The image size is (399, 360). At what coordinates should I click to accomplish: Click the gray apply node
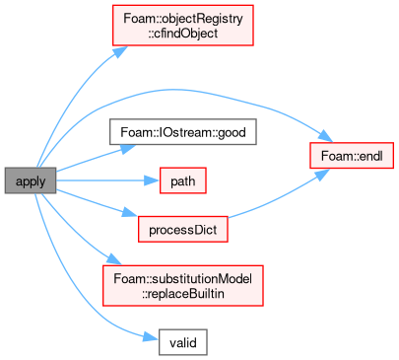31,180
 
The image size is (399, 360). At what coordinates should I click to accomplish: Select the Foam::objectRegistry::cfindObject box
183,26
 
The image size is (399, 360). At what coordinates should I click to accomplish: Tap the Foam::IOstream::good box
183,132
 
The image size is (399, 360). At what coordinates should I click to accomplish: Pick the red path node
183,180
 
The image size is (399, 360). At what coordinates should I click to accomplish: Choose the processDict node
183,229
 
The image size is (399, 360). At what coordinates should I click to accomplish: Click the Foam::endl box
352,156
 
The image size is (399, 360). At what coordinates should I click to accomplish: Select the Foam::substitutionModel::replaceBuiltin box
183,286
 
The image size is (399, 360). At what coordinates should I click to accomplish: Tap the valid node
183,342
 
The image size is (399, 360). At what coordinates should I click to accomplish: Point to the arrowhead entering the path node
153,180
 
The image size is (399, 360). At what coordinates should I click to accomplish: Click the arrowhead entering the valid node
152,338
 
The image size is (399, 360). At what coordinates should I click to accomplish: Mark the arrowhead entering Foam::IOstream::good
128,148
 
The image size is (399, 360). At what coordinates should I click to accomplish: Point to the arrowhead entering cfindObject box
120,52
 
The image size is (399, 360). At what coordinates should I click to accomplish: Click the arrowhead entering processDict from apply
130,213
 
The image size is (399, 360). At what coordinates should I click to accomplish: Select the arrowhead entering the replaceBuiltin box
113,259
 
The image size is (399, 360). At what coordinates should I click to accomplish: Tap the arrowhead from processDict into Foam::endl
322,175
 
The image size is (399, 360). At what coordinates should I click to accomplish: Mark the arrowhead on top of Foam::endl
326,136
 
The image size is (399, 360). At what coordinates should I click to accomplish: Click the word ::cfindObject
183,34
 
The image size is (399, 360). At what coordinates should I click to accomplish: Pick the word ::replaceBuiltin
183,294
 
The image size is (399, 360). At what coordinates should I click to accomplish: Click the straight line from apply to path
100,180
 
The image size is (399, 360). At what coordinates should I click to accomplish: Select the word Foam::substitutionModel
183,278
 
